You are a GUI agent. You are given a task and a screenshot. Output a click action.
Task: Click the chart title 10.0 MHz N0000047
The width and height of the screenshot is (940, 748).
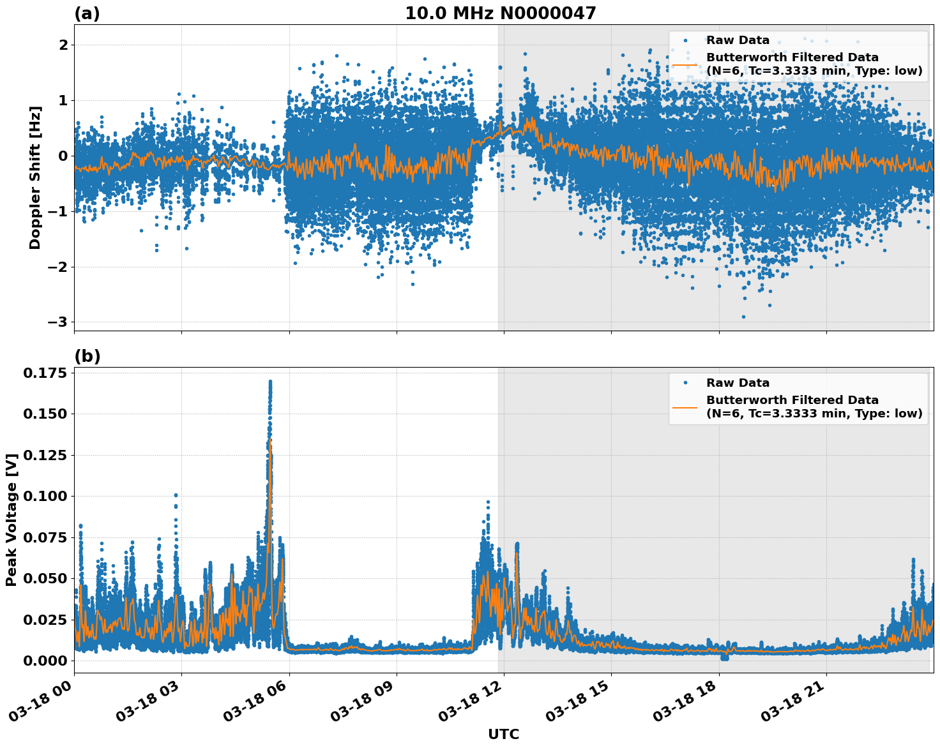[x=500, y=13]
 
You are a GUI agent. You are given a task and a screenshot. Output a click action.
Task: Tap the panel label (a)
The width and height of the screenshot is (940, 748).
[x=87, y=13]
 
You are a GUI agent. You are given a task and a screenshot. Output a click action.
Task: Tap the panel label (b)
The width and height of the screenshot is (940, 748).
[x=87, y=356]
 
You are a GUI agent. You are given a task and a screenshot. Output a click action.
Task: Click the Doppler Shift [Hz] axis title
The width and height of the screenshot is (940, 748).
[x=35, y=177]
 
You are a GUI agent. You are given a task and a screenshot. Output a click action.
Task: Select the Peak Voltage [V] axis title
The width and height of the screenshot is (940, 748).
[x=11, y=520]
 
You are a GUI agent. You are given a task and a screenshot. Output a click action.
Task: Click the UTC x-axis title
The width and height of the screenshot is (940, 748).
[x=503, y=734]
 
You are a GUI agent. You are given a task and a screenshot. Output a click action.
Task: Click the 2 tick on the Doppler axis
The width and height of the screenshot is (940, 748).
[x=63, y=45]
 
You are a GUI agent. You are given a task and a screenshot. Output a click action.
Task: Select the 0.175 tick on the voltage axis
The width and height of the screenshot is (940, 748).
[x=45, y=373]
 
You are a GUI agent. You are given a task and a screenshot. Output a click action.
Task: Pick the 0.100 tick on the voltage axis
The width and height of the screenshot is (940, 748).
[x=45, y=496]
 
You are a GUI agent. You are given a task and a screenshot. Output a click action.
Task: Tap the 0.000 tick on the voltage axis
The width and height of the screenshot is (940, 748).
[x=45, y=661]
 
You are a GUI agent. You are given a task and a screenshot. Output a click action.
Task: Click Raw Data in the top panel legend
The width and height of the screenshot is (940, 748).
[x=738, y=40]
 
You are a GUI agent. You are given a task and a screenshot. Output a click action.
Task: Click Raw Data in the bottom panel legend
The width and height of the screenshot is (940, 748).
[x=738, y=383]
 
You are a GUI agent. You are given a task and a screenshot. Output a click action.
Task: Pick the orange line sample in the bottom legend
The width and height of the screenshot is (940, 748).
[x=685, y=407]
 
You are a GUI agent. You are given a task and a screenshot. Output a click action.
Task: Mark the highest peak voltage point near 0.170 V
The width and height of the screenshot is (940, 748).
[x=270, y=382]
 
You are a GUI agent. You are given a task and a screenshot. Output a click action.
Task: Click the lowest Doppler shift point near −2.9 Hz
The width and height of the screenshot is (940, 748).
[x=743, y=317]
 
